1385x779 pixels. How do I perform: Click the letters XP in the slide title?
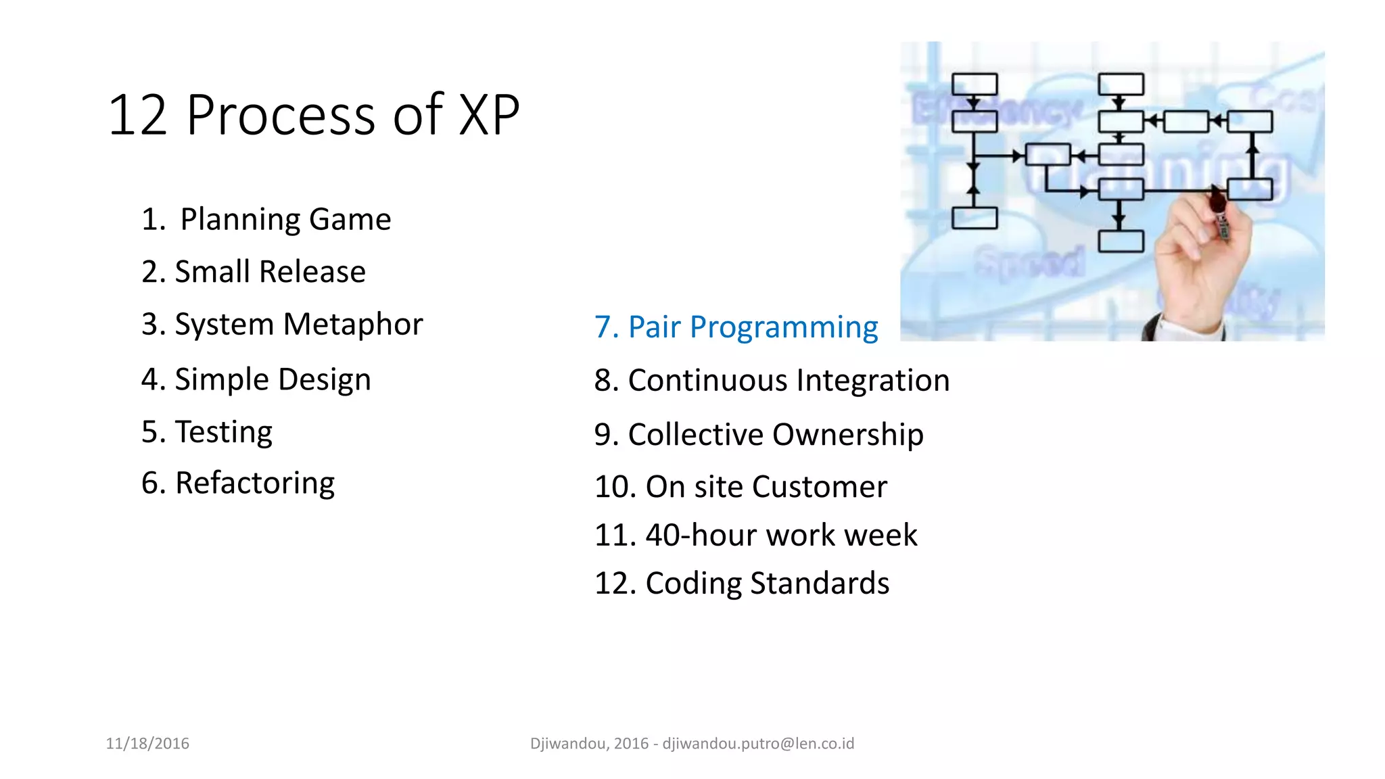point(490,115)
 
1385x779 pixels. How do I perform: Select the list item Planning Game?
point(266,220)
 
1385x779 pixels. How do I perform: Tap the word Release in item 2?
point(312,272)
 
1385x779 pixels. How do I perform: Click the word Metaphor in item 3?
point(352,325)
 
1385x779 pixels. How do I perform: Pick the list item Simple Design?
point(256,379)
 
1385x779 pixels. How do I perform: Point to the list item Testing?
point(207,432)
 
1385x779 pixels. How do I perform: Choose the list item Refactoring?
point(238,483)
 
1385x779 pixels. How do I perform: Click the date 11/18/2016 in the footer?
point(147,744)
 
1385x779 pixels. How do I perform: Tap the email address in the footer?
point(758,744)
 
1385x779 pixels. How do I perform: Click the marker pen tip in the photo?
point(1218,199)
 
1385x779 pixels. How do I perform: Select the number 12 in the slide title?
point(137,115)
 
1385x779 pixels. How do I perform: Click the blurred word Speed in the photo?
point(1029,262)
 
